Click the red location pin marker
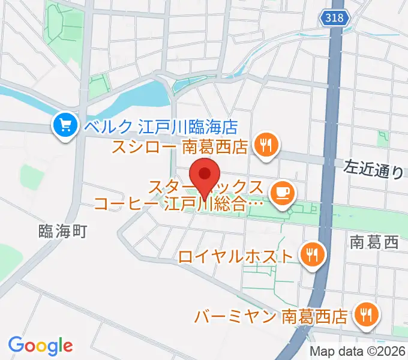coord(204,175)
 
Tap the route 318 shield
coord(334,19)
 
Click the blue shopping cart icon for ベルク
coord(62,125)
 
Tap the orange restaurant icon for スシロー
coord(263,145)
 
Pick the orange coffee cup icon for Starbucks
coord(280,193)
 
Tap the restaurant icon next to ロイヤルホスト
coord(311,254)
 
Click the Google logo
coord(40,346)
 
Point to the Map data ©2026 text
coord(358,352)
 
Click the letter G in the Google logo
coord(16,345)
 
